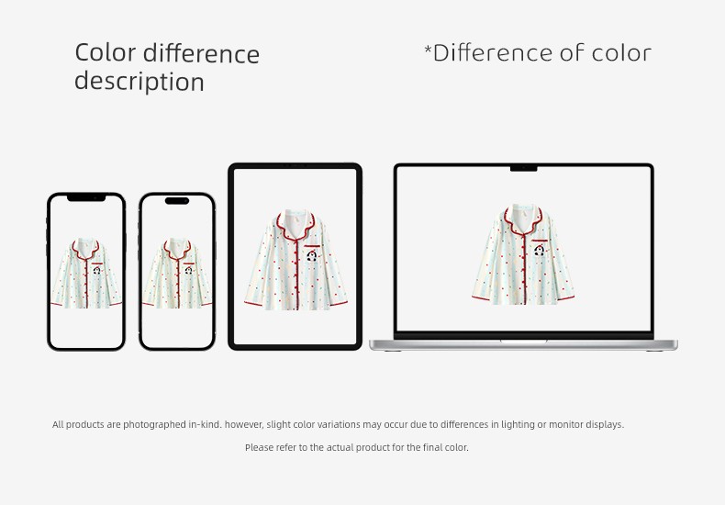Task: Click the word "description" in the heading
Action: pyautogui.click(x=139, y=82)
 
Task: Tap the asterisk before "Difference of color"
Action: pyautogui.click(x=428, y=48)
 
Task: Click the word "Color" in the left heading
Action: pyautogui.click(x=105, y=52)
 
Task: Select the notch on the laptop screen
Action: pyautogui.click(x=523, y=168)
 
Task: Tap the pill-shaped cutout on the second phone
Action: pyautogui.click(x=177, y=201)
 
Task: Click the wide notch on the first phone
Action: pyautogui.click(x=86, y=198)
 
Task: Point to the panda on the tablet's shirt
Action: pyautogui.click(x=312, y=256)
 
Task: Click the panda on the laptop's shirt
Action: pyautogui.click(x=539, y=250)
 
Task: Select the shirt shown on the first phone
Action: pyautogui.click(x=86, y=273)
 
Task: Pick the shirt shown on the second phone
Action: pyautogui.click(x=177, y=273)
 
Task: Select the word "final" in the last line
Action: pyautogui.click(x=433, y=447)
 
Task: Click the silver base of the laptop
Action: pyautogui.click(x=523, y=345)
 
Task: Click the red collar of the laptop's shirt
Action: pyautogui.click(x=523, y=222)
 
